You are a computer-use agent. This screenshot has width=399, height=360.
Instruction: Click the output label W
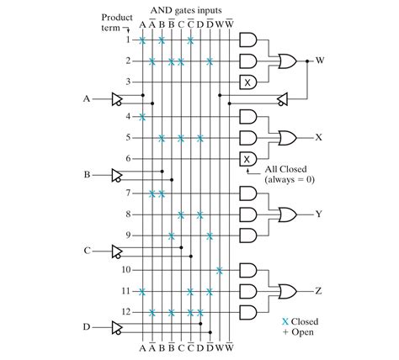click(x=320, y=61)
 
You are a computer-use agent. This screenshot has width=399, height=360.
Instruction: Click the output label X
click(x=318, y=136)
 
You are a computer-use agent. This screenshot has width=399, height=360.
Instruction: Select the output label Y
click(x=318, y=214)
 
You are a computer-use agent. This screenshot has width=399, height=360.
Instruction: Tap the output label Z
click(x=318, y=290)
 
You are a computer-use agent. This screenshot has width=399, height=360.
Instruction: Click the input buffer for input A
click(x=117, y=98)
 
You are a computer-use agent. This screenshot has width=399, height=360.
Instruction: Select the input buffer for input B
click(x=117, y=175)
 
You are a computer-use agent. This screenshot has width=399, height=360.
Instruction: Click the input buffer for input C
click(x=117, y=251)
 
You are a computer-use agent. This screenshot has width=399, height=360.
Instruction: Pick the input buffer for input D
click(x=117, y=327)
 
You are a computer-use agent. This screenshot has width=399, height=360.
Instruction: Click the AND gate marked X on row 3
click(x=247, y=82)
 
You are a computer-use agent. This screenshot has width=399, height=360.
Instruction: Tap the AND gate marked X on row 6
click(x=247, y=158)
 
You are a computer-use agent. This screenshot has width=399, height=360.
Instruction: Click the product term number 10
click(x=125, y=270)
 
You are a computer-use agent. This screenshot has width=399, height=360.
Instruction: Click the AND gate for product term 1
click(x=247, y=40)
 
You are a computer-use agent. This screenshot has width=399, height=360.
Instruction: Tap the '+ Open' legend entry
click(x=301, y=331)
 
